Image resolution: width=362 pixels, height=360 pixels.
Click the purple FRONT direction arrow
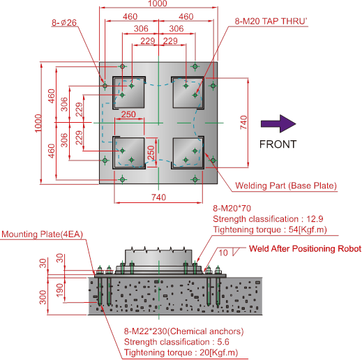[278, 123]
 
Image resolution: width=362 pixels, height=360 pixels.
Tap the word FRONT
[278, 144]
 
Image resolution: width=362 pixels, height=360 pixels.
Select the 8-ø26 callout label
[64, 22]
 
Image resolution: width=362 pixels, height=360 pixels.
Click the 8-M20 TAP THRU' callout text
[271, 21]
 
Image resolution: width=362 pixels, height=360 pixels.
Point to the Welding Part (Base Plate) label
[286, 186]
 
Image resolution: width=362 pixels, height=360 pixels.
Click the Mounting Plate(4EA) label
[43, 234]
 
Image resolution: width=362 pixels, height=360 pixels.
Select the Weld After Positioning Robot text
[305, 248]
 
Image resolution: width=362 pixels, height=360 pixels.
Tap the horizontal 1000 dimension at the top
[158, 3]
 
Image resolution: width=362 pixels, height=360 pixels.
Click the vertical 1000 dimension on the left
[38, 123]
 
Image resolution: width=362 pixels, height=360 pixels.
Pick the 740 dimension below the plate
[159, 197]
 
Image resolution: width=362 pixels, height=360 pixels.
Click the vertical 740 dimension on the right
[243, 123]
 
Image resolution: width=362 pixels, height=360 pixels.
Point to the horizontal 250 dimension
[128, 114]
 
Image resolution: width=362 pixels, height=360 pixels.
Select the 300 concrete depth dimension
[43, 297]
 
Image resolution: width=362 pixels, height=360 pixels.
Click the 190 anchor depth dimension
[60, 290]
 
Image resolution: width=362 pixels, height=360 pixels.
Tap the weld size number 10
[223, 253]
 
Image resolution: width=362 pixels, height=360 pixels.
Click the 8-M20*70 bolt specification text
[232, 208]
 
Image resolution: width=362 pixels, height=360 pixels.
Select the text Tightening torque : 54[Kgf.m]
[270, 230]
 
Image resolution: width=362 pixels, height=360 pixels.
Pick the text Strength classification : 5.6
[176, 342]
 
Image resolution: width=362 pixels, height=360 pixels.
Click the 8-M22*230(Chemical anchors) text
[183, 331]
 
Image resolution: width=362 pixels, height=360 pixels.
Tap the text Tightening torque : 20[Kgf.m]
[181, 352]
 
